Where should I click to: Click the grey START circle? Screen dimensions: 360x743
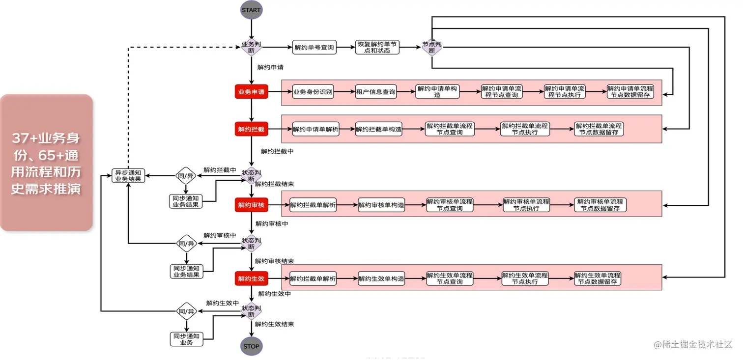pos(251,10)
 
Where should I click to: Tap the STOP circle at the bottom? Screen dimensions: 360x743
pos(251,346)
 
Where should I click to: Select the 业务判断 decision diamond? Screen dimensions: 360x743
pos(251,47)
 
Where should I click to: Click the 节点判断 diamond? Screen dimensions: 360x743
pos(432,47)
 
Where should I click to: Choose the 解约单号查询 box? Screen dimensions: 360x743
pos(314,48)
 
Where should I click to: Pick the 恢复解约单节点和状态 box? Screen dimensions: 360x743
pos(377,48)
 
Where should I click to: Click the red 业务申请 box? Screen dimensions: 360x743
pos(251,92)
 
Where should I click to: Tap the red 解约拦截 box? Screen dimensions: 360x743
pos(251,129)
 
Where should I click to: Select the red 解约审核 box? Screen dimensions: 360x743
pos(251,205)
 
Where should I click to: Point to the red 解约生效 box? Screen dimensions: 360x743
pos(251,279)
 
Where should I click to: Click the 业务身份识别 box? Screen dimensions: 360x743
pos(313,92)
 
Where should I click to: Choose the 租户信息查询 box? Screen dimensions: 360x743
pos(376,92)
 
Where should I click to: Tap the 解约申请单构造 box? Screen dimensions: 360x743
pos(437,92)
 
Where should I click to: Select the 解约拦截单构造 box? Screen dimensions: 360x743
pos(379,129)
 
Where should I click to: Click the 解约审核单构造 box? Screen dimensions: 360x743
pos(381,205)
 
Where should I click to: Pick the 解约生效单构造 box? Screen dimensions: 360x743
pos(381,279)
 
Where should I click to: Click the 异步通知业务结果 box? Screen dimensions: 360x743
pos(128,176)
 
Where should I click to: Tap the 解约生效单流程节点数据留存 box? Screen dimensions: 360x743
pos(598,279)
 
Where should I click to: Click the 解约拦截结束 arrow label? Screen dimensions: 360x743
pos(274,184)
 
